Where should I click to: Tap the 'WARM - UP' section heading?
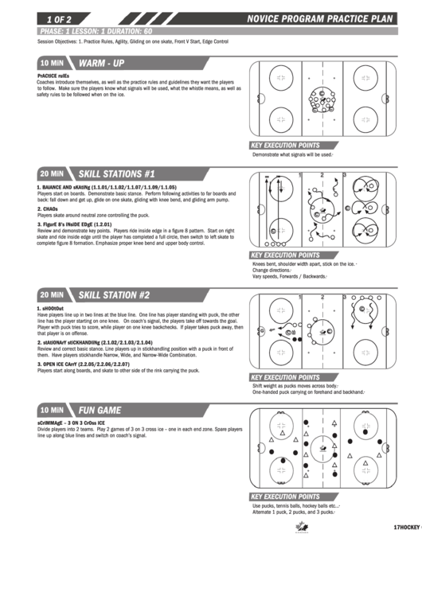pyautogui.click(x=100, y=62)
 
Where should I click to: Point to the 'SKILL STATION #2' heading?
pyautogui.click(x=114, y=294)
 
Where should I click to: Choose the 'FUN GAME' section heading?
pyautogui.click(x=100, y=410)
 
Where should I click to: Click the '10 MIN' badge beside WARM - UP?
pyautogui.click(x=52, y=62)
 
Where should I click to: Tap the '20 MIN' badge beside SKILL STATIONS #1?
pyautogui.click(x=52, y=173)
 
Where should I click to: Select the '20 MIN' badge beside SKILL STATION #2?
pyautogui.click(x=52, y=294)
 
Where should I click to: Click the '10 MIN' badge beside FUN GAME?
pyautogui.click(x=52, y=410)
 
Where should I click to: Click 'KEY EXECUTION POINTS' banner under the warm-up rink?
pyautogui.click(x=285, y=146)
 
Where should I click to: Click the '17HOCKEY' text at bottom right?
pyautogui.click(x=406, y=528)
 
